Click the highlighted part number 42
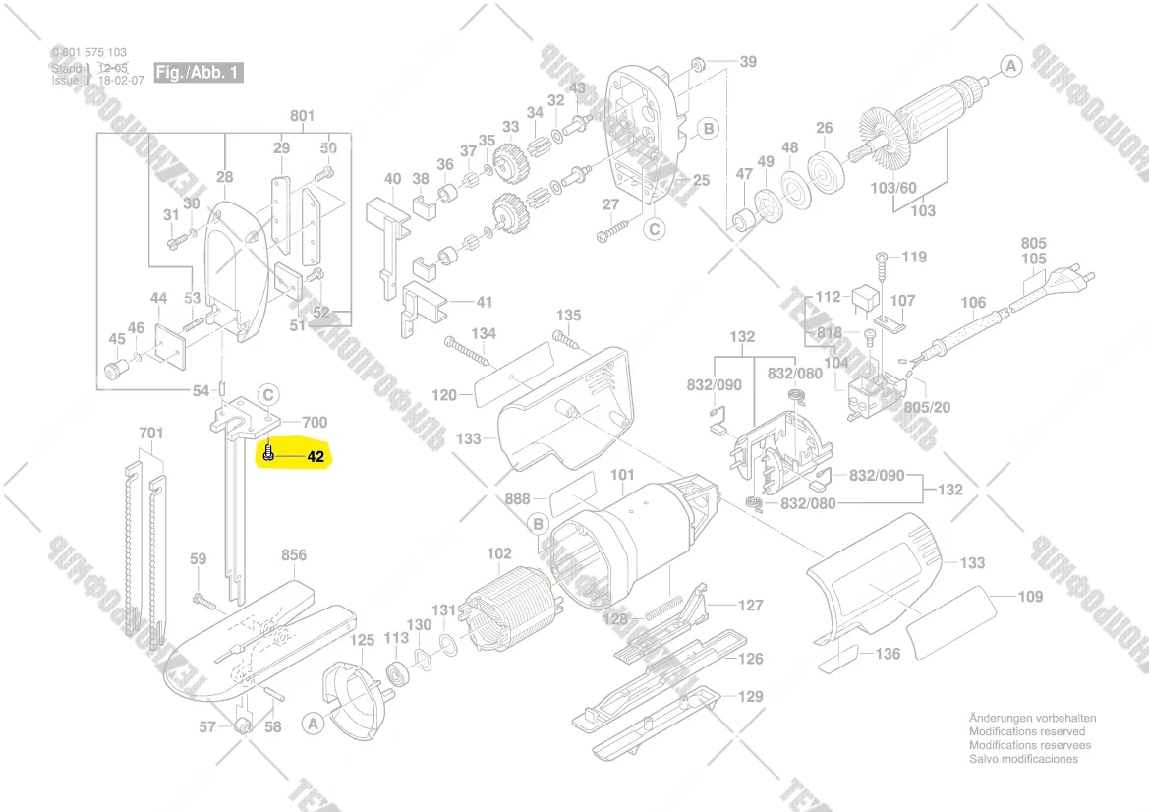point(315,457)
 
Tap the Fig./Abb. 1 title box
point(199,74)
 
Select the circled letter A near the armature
point(1010,66)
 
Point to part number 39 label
point(748,62)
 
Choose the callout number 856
point(294,555)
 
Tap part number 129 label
point(751,697)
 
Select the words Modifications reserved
point(1027,732)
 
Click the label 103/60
point(892,187)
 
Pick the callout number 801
point(302,116)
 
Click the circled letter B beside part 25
point(707,129)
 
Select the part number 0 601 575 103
point(88,53)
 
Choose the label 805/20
point(927,407)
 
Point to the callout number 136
point(888,654)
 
